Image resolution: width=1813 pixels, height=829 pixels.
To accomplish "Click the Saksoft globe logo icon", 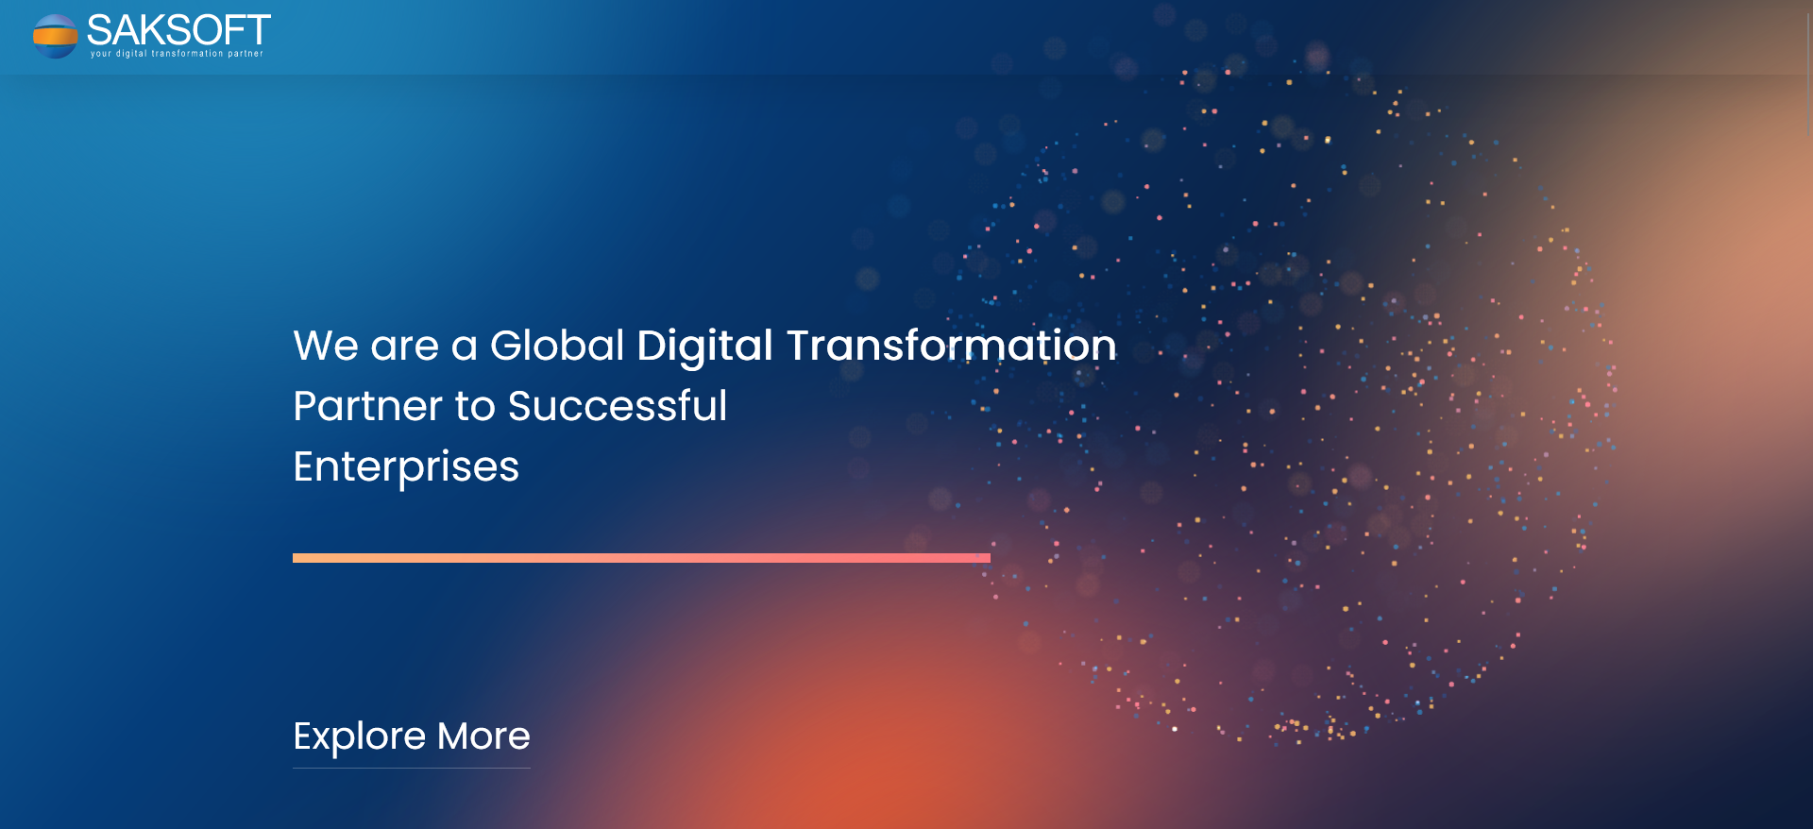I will pyautogui.click(x=55, y=36).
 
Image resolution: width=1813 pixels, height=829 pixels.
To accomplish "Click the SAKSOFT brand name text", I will pyautogui.click(x=178, y=30).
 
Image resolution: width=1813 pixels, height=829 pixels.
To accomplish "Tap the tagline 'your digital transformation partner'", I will pyautogui.click(x=177, y=54).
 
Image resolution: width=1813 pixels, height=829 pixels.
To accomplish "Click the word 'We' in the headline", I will pyautogui.click(x=326, y=346).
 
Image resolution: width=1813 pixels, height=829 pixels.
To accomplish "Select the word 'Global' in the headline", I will pyautogui.click(x=557, y=346).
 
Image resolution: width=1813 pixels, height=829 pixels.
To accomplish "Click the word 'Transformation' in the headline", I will pyautogui.click(x=951, y=346).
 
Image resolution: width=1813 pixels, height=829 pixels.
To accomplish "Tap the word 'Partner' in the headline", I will pyautogui.click(x=367, y=406).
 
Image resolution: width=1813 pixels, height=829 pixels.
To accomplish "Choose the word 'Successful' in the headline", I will pyautogui.click(x=618, y=406).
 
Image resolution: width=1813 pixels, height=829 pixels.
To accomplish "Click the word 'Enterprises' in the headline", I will pyautogui.click(x=406, y=467).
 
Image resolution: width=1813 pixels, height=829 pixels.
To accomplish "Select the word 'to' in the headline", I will pyautogui.click(x=475, y=407).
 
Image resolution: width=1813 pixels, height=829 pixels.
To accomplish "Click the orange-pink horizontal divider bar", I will pyautogui.click(x=641, y=558).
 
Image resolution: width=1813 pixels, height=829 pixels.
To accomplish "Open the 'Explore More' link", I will pyautogui.click(x=412, y=736).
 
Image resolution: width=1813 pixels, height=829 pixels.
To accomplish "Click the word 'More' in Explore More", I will pyautogui.click(x=483, y=736).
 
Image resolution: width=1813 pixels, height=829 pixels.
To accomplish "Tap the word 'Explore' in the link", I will pyautogui.click(x=360, y=737).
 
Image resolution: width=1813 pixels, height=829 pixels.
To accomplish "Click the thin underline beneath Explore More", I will pyautogui.click(x=412, y=768).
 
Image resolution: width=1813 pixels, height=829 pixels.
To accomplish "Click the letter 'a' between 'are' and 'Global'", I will pyautogui.click(x=464, y=347).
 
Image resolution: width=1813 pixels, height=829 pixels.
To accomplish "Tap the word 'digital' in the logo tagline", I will pyautogui.click(x=131, y=54).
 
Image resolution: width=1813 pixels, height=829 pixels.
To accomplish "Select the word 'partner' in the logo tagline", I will pyautogui.click(x=246, y=54).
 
